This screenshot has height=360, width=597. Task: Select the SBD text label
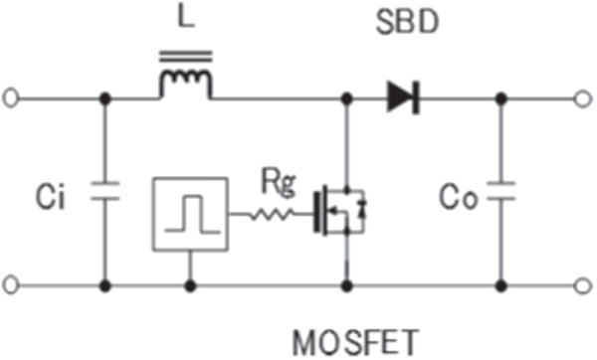pos(407,23)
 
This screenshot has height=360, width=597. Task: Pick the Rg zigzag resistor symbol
pos(272,214)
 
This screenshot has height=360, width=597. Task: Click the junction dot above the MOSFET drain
pos(346,97)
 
